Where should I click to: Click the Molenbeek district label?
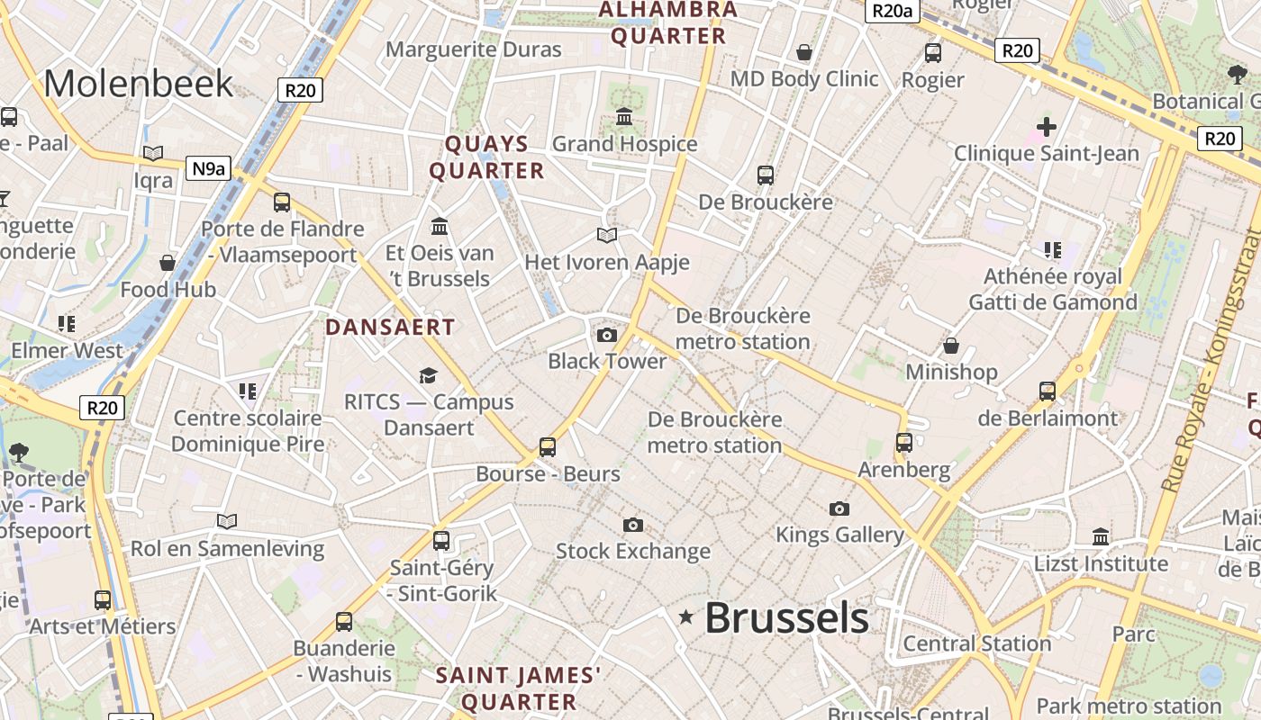[x=139, y=84]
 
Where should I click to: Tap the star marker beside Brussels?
[x=686, y=616]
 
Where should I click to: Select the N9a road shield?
[x=207, y=167]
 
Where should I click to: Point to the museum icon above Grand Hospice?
[x=624, y=117]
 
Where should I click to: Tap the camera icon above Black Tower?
[x=607, y=336]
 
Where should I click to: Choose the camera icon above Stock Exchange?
[x=633, y=525]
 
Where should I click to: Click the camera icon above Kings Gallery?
[x=839, y=508]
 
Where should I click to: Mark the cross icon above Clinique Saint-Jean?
[x=1046, y=127]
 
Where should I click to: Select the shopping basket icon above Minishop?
[x=951, y=346]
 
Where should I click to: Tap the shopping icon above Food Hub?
[x=168, y=263]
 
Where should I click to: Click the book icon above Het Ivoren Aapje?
[x=607, y=236]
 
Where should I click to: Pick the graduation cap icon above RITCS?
[x=428, y=375]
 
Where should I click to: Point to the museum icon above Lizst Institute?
[x=1101, y=537]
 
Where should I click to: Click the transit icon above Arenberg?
[x=904, y=443]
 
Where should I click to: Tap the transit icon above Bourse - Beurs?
[x=548, y=446]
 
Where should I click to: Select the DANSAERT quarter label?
[x=390, y=327]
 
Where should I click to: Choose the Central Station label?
[x=977, y=643]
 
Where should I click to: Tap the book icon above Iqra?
[x=153, y=154]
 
